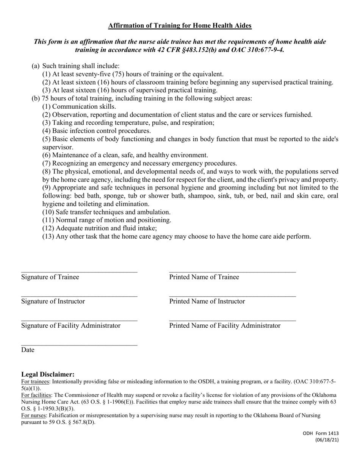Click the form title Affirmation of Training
pos(180,26)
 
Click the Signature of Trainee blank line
pos(79,271)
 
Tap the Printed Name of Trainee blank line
pos(232,271)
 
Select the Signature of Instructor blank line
pos(79,296)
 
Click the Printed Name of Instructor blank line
pos(232,296)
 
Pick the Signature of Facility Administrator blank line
pos(79,320)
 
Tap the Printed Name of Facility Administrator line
pos(232,320)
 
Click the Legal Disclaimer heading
pos(48,374)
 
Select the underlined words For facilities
pos(36,395)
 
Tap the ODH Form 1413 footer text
pos(321,433)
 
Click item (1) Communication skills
pos(79,107)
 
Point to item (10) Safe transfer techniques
pos(106,212)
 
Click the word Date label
pos(28,350)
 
